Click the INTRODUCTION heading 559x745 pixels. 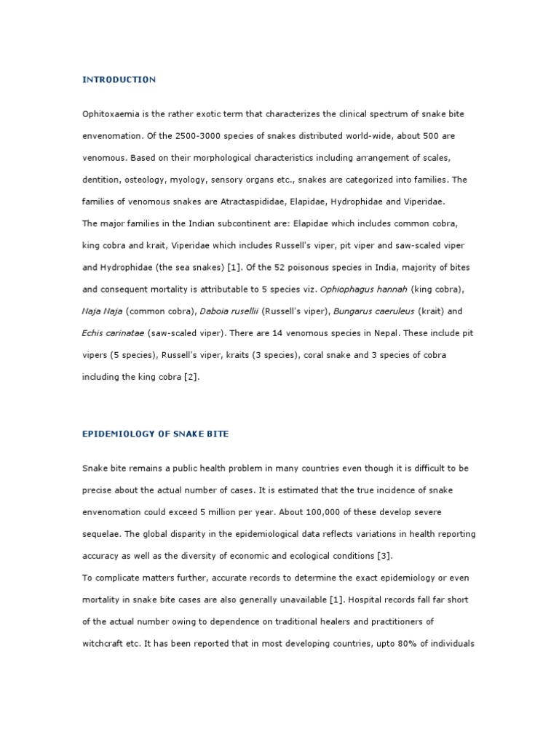click(x=119, y=79)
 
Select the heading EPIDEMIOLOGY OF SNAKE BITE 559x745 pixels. click(x=155, y=434)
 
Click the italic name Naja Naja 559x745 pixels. click(x=102, y=311)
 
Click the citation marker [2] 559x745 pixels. click(x=191, y=377)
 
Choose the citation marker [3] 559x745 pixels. click(x=384, y=557)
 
